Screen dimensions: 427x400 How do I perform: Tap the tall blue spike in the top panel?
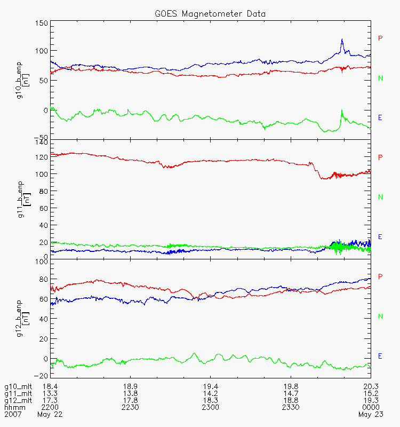coord(342,41)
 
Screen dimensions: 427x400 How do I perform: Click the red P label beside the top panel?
coord(380,38)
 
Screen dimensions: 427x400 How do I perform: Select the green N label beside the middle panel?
coord(380,197)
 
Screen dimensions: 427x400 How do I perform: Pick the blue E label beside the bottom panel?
coord(380,356)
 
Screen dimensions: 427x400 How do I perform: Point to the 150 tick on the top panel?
coord(42,23)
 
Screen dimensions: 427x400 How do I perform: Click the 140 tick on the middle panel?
coord(42,143)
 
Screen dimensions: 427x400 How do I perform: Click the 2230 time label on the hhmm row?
coord(131,407)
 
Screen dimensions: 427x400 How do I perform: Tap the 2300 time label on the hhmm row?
coord(211,407)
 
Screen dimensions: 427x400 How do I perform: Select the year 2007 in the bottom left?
coord(12,414)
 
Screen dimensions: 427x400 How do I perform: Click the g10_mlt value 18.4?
coord(50,386)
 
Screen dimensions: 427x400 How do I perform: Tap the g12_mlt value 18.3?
coord(211,400)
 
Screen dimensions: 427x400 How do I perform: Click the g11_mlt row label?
coord(18,393)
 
